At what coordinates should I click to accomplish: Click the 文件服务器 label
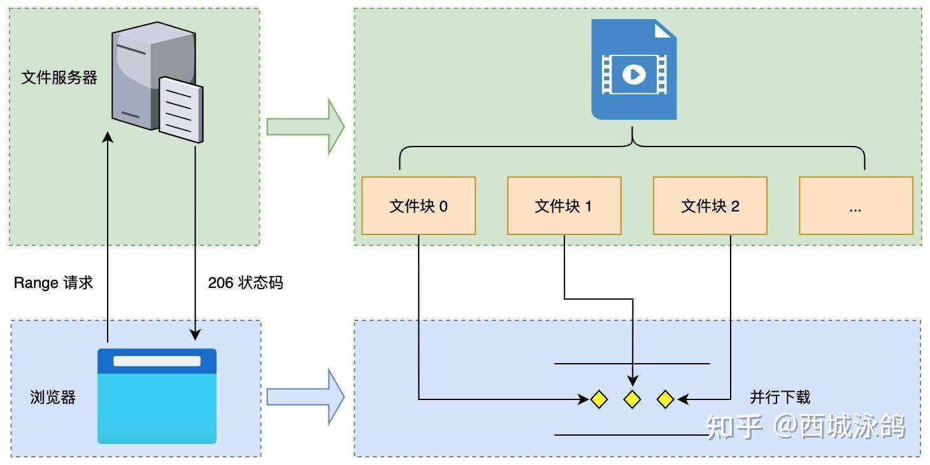59,78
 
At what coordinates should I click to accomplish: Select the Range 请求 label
54,283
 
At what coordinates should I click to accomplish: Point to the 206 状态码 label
245,283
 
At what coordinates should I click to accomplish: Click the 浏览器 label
53,397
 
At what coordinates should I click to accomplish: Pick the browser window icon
157,396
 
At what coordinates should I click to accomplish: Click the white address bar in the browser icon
157,361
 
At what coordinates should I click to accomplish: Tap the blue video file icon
634,69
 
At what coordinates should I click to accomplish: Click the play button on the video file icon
634,75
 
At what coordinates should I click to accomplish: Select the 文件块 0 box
418,206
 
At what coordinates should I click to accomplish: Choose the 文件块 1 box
564,206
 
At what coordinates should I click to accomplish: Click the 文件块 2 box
710,206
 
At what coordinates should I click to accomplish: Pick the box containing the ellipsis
855,206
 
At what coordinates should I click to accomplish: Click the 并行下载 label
780,397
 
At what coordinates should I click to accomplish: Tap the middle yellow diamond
632,399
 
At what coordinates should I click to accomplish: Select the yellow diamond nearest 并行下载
665,399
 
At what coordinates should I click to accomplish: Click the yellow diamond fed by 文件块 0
599,399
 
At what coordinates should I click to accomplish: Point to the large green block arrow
305,126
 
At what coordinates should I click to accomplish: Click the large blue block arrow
305,397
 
